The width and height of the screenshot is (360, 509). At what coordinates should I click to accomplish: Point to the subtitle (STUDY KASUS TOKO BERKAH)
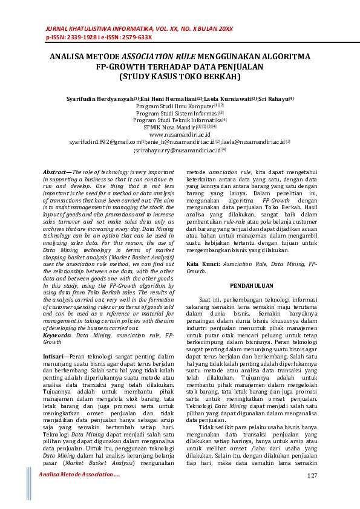click(x=180, y=77)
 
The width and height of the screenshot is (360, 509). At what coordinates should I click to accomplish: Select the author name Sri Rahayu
click(x=273, y=98)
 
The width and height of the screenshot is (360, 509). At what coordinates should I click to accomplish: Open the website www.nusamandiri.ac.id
click(x=180, y=134)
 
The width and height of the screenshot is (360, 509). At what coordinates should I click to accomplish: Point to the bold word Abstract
click(x=56, y=172)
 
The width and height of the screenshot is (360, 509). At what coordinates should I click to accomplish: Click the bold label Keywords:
click(x=57, y=334)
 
